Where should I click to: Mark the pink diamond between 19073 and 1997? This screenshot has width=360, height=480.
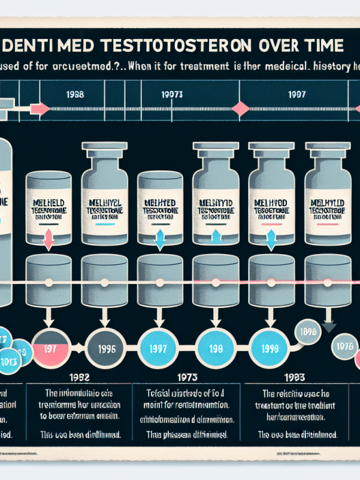240,108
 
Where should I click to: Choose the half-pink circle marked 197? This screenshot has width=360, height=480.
49,348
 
